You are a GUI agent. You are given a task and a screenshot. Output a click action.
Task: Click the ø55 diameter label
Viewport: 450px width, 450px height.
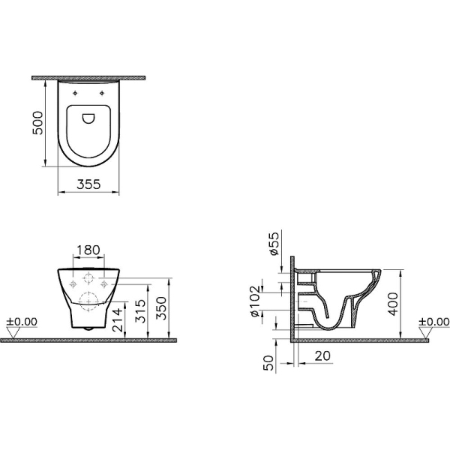274,243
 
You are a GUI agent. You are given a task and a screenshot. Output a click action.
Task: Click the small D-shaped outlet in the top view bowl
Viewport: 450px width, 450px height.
88,117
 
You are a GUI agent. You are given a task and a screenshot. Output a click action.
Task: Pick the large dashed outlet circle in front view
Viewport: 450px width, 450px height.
88,299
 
